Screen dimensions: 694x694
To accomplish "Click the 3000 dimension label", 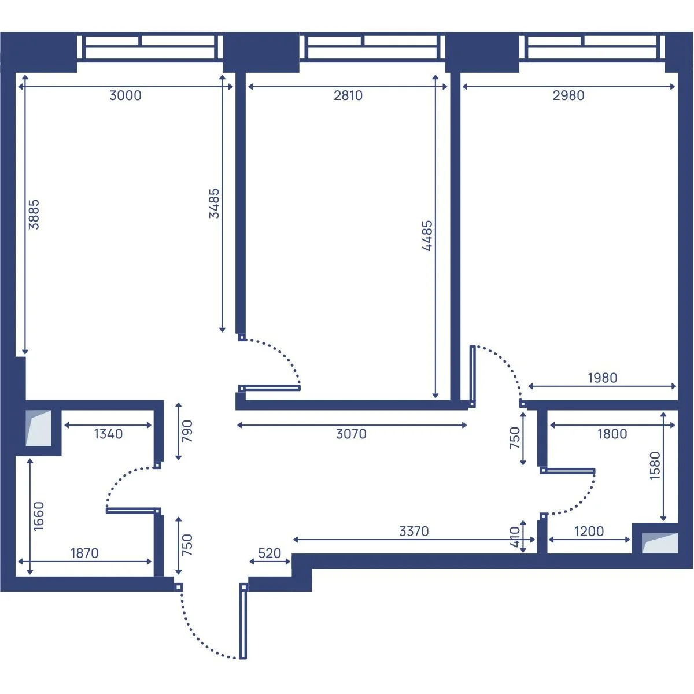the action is tap(125, 95).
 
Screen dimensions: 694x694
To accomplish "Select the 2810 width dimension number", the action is tap(348, 95).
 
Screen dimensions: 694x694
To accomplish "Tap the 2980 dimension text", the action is tap(569, 95).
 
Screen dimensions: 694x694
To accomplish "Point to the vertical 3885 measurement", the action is tap(34, 215).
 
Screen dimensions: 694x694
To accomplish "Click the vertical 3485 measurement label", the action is tap(214, 203).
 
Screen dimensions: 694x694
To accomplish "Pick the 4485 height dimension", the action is tap(427, 235).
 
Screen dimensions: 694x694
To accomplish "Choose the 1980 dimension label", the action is tap(603, 378).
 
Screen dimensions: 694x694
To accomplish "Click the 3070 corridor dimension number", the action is tap(351, 434).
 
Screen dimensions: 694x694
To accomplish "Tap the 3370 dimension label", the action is tap(414, 531).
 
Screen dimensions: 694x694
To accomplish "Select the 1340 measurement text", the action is tap(108, 434).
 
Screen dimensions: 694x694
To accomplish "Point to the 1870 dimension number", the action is tap(84, 553).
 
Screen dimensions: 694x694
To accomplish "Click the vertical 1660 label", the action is tap(39, 516).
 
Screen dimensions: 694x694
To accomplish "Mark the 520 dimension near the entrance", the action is tap(270, 553).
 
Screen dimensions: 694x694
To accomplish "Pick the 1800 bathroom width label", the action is tap(612, 434).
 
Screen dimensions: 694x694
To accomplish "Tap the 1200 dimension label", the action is tap(589, 531).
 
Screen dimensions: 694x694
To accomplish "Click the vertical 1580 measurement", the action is tap(655, 466).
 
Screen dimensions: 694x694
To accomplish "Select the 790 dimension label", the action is tap(187, 431).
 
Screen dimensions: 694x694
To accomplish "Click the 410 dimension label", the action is tap(515, 537).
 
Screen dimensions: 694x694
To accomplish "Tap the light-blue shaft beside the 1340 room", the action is tap(39, 428).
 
